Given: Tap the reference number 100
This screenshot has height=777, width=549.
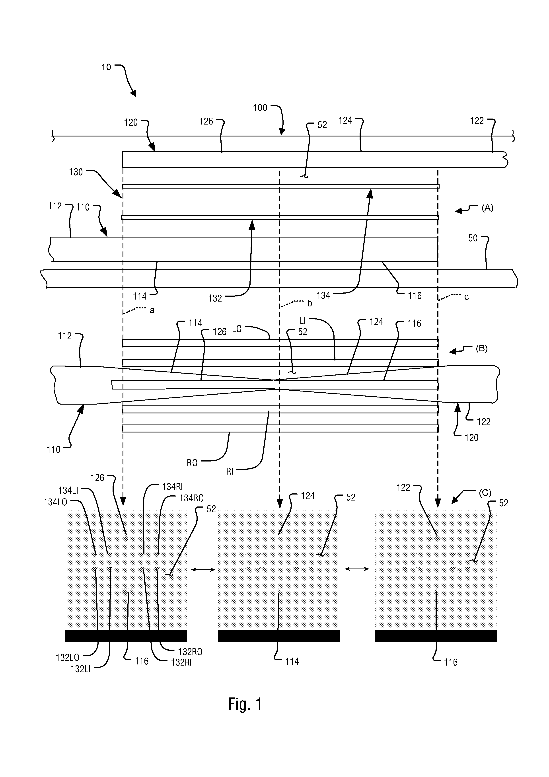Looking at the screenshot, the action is (x=260, y=108).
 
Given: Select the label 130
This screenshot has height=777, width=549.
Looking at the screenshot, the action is (x=76, y=172).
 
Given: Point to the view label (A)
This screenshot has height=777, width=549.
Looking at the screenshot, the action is (x=487, y=208).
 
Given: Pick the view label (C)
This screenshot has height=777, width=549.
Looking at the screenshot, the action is (x=485, y=493).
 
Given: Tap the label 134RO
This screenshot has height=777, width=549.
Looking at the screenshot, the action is (x=192, y=498).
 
